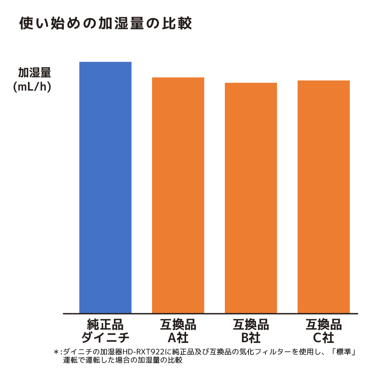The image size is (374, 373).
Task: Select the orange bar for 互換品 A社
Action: click(x=178, y=195)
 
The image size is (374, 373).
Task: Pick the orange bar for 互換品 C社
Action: click(x=323, y=197)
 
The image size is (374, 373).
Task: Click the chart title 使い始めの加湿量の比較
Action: click(x=105, y=24)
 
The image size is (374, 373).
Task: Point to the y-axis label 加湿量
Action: click(x=34, y=73)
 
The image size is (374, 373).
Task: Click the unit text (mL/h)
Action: click(x=32, y=87)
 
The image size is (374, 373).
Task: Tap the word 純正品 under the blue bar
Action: click(x=105, y=325)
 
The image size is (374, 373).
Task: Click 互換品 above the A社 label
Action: click(x=178, y=325)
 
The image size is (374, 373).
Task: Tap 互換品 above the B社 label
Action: click(x=251, y=325)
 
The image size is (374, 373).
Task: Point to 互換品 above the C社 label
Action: click(x=323, y=325)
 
